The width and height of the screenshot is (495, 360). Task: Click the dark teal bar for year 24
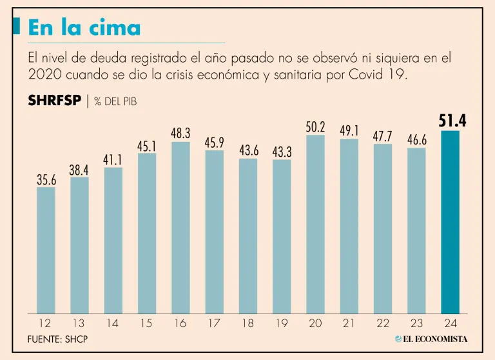[450, 223]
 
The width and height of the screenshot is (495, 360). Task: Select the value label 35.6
[46, 180]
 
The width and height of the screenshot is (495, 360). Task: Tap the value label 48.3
[180, 133]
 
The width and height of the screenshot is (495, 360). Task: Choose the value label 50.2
[315, 126]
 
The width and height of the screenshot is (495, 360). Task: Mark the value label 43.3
[282, 152]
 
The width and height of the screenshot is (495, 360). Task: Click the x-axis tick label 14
[113, 323]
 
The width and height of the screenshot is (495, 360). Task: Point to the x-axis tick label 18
[247, 323]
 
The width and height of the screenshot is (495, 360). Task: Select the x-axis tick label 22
[383, 323]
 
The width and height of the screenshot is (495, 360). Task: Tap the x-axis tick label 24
[450, 323]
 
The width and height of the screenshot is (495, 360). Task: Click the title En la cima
[84, 28]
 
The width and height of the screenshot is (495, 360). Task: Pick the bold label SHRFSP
[55, 101]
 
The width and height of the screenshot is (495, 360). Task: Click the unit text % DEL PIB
[115, 102]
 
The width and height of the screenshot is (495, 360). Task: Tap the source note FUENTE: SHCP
[58, 339]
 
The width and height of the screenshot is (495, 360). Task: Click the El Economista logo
[431, 339]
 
